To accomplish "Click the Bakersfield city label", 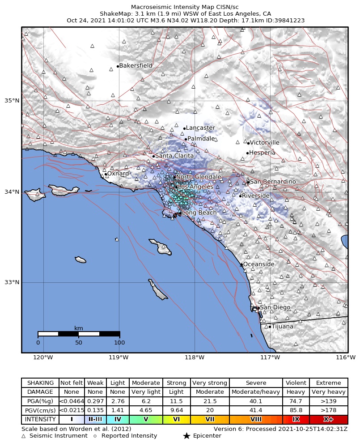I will [x=136, y=66].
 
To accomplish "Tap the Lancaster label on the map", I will [x=200, y=128].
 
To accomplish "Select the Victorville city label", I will [x=264, y=143].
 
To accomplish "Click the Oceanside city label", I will [x=258, y=264].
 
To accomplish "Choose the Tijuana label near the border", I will [x=283, y=327].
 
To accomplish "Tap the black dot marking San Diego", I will [x=258, y=308].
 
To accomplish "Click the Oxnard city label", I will [x=118, y=174].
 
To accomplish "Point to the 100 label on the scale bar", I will [x=119, y=343].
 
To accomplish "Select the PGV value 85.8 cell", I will [x=296, y=410].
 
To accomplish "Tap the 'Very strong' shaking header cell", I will [x=210, y=383].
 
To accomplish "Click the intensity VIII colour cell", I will [x=256, y=420].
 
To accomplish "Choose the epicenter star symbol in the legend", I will [x=187, y=436].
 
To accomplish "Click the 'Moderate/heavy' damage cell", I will [x=256, y=392].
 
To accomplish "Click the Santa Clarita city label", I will [x=174, y=156].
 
